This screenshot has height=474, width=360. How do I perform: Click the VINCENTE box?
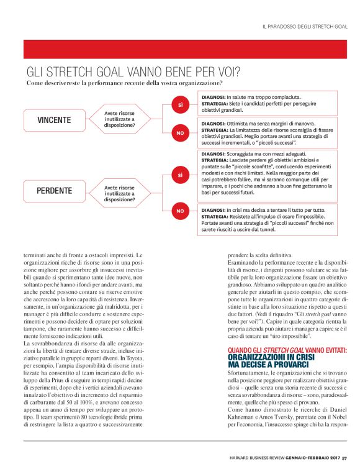54,120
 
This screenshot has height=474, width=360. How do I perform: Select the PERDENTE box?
54,191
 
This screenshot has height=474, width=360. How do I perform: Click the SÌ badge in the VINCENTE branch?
180,106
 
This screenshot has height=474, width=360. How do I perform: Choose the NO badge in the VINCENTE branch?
180,132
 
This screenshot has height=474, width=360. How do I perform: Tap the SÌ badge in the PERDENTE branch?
180,176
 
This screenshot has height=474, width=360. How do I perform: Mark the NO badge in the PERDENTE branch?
180,211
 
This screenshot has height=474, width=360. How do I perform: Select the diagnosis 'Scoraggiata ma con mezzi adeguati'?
261,153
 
